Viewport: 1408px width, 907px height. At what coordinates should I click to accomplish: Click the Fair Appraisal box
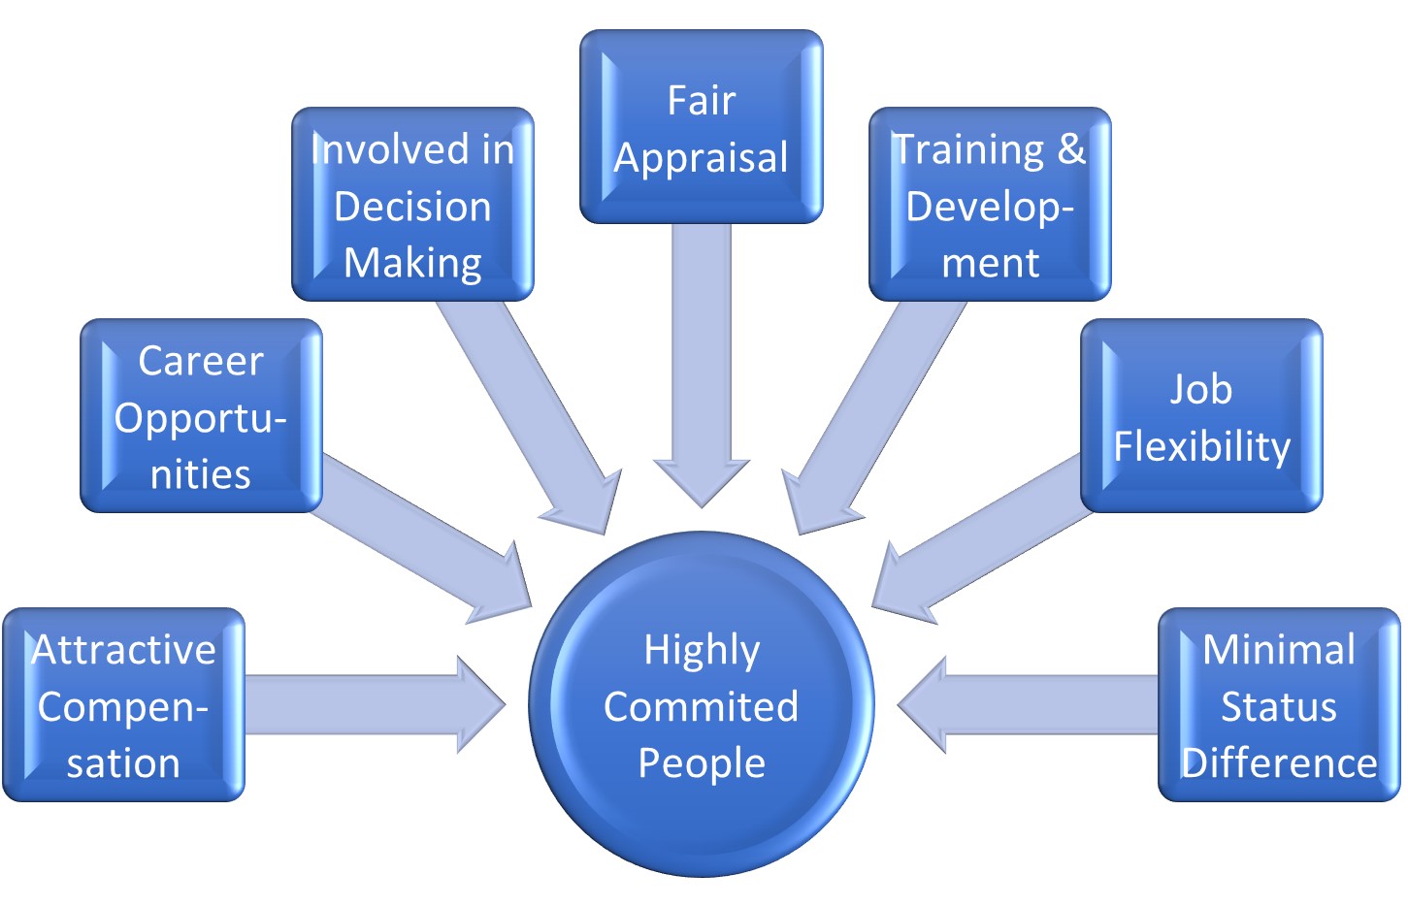(x=701, y=127)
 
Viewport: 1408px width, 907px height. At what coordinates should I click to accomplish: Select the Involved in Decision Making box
(x=412, y=205)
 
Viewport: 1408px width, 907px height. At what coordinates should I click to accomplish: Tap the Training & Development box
(x=989, y=205)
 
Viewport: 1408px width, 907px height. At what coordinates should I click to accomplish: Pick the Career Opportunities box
(x=201, y=416)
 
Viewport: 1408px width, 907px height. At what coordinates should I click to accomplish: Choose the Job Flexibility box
(x=1201, y=416)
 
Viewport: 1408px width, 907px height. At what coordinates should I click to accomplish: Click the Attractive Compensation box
(x=123, y=705)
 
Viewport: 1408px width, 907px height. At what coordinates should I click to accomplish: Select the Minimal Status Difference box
(x=1278, y=705)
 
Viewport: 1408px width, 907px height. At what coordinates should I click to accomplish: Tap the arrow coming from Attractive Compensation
(x=369, y=705)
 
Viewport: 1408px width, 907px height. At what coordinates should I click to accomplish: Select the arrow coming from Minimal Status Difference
(x=1029, y=705)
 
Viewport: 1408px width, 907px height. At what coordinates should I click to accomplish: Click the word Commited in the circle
(x=701, y=707)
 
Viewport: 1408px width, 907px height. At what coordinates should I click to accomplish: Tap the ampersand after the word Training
(x=1070, y=149)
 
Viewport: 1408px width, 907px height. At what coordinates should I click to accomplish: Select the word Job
(x=1200, y=390)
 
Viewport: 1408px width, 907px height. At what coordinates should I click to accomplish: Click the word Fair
(x=701, y=101)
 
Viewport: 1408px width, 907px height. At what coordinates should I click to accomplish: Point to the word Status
(x=1278, y=707)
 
